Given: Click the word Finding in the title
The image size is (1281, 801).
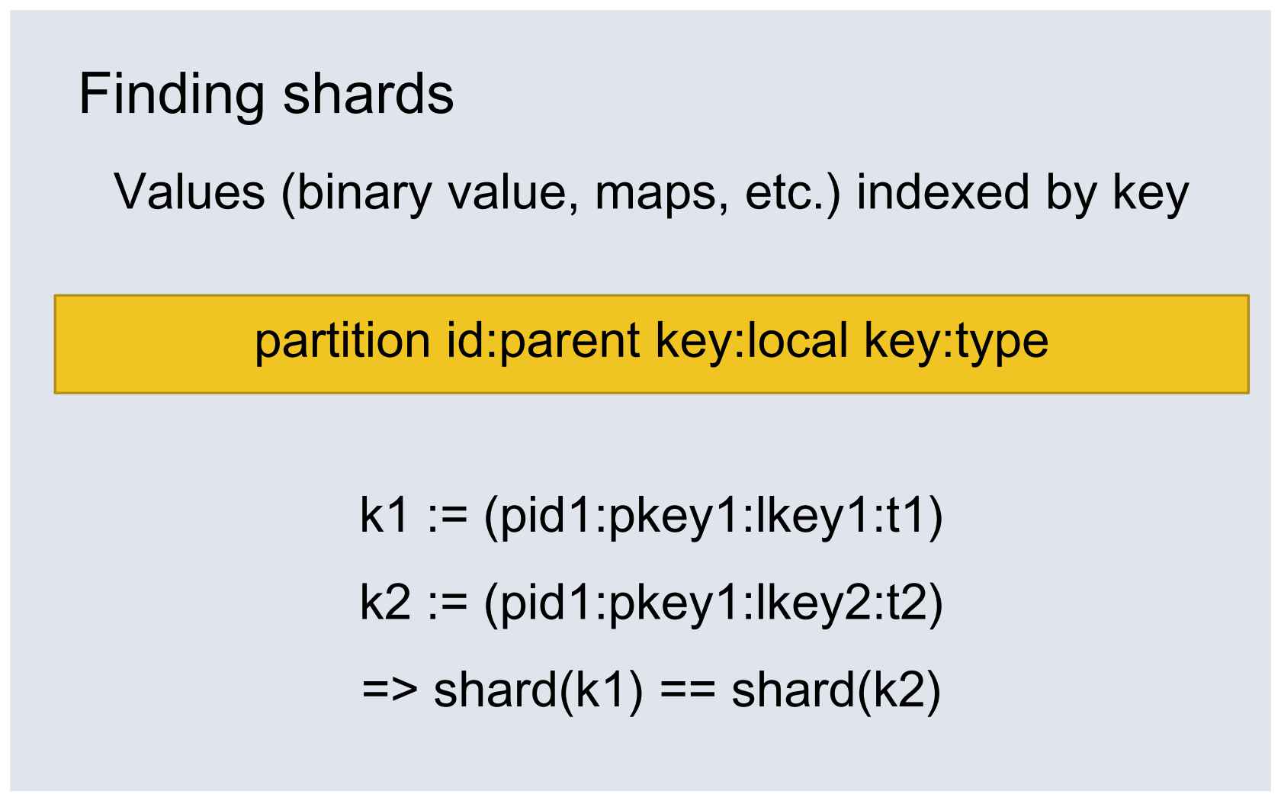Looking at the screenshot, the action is (172, 95).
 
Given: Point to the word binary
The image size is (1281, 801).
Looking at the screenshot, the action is (364, 195).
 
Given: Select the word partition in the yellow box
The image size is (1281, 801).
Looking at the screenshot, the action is (342, 341).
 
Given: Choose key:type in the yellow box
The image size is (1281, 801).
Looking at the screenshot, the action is (955, 342).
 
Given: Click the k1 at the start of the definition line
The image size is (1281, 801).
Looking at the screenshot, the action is (384, 514).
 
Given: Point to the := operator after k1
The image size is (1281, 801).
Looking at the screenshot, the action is (447, 516).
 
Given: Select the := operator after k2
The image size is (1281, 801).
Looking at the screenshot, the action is (447, 603).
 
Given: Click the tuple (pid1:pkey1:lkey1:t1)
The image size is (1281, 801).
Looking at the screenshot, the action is (713, 516).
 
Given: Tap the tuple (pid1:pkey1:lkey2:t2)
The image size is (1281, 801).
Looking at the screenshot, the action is (713, 603).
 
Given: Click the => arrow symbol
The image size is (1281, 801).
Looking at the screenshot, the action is (390, 690).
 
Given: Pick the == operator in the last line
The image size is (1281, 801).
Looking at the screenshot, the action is (687, 690).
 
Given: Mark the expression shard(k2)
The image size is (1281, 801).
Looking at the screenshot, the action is (836, 691).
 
